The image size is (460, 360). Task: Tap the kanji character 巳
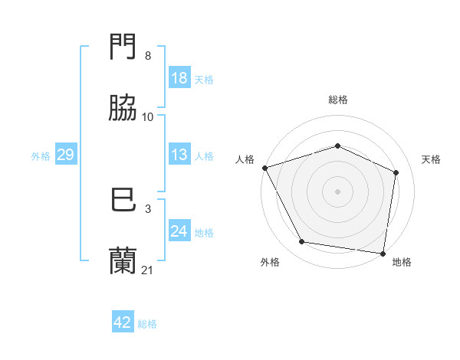(123, 201)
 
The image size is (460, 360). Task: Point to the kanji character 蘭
(123, 261)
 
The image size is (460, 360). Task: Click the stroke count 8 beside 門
(148, 56)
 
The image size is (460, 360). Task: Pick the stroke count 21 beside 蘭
(148, 270)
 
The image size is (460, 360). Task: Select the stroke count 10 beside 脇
(148, 116)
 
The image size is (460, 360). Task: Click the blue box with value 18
(179, 78)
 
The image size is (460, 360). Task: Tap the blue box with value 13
(179, 155)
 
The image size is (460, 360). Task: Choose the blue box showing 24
(179, 231)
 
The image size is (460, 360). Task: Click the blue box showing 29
(65, 155)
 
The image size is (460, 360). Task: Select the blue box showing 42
(123, 322)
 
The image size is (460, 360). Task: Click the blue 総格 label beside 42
(147, 324)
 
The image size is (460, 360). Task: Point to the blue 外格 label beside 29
(41, 156)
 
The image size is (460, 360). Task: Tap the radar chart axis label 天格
(431, 159)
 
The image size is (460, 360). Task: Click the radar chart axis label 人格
(245, 159)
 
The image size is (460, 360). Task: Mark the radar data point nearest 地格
(383, 253)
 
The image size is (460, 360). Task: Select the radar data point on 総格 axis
(337, 146)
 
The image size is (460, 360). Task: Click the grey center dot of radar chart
(337, 191)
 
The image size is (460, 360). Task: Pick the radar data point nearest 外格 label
(302, 242)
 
